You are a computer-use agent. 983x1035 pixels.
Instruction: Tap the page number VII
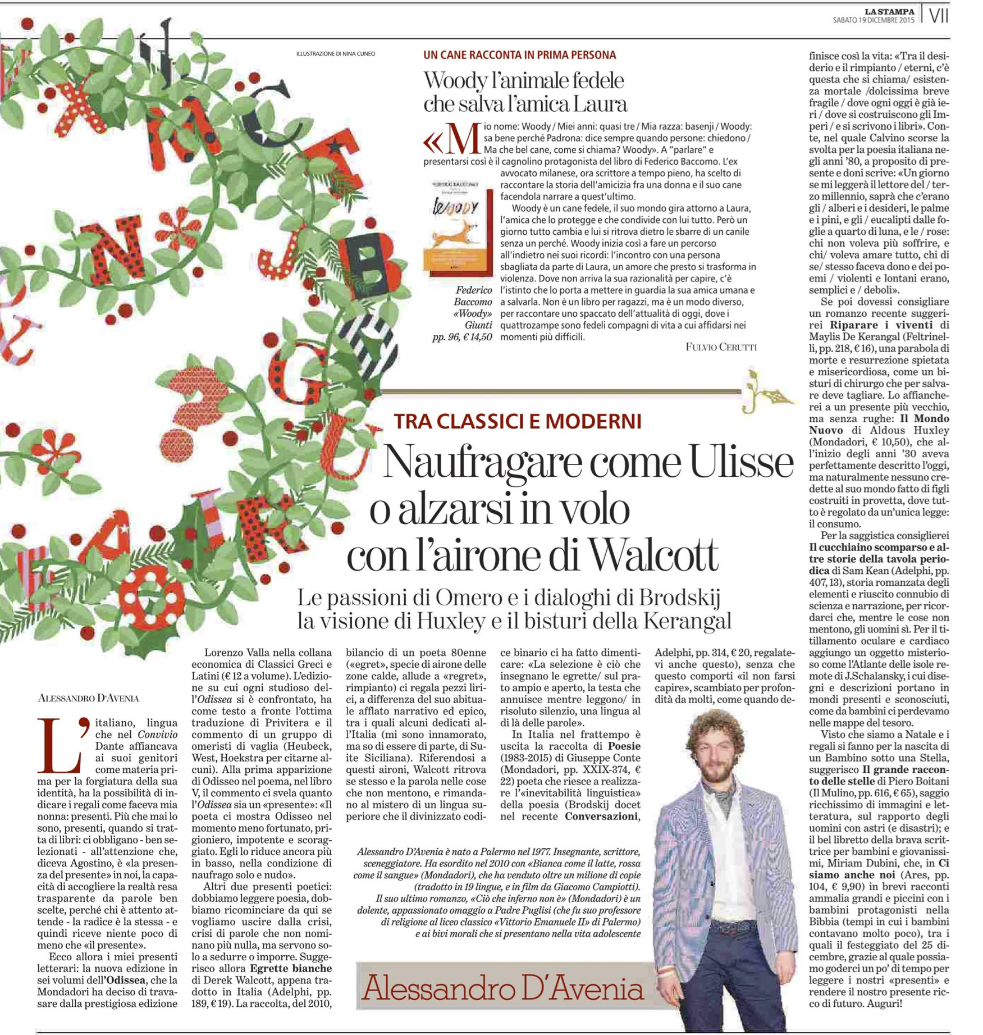coord(938,16)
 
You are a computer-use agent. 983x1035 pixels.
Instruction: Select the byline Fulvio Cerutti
coord(721,346)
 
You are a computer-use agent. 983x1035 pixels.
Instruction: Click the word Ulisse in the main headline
coord(741,462)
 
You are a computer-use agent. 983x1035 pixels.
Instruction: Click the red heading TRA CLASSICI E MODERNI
coord(517,421)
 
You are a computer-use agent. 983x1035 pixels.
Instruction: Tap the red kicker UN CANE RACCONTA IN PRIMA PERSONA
coord(519,55)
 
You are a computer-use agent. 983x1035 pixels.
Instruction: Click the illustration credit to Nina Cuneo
coord(335,54)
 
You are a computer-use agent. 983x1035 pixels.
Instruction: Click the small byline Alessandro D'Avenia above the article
coord(88,698)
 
